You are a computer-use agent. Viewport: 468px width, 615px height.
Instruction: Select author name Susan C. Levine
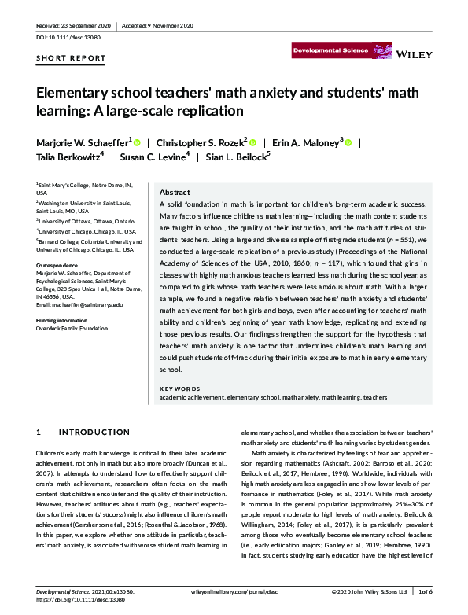[154, 157]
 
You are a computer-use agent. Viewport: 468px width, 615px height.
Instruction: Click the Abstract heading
[174, 192]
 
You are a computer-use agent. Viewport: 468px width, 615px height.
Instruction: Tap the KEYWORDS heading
[180, 389]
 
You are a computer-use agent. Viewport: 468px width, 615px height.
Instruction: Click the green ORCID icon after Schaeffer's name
[138, 143]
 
